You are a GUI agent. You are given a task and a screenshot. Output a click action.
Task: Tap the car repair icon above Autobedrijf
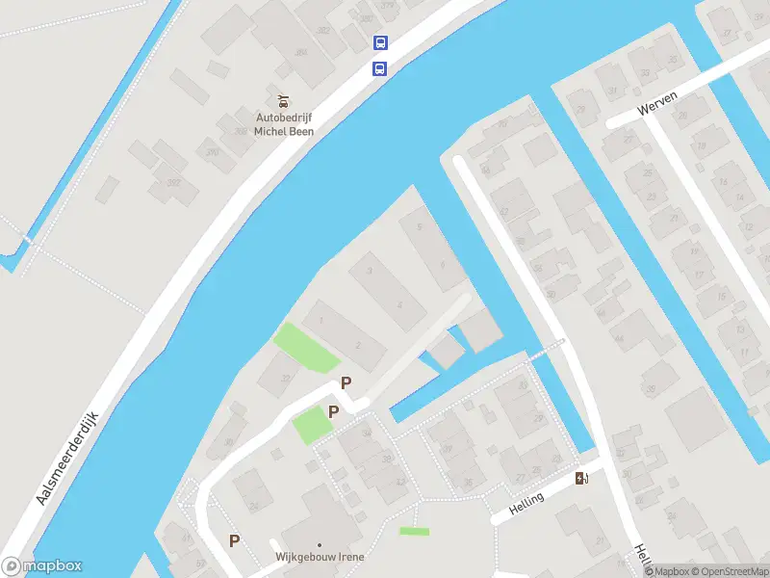point(283,101)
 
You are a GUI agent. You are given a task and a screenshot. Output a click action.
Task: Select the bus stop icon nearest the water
point(380,68)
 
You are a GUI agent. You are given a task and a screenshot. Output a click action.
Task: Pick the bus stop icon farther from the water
point(380,42)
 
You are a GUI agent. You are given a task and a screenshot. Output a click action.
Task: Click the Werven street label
point(657,99)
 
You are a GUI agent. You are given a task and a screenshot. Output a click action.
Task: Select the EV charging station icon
point(581,478)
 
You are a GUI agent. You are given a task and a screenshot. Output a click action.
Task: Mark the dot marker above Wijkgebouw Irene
point(320,545)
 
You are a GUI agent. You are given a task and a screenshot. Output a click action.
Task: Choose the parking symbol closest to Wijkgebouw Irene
point(234,540)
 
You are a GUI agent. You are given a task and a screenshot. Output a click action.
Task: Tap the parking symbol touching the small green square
point(334,412)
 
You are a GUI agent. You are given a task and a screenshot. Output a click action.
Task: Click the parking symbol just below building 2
point(346,382)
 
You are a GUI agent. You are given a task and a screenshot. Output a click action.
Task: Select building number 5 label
point(419,226)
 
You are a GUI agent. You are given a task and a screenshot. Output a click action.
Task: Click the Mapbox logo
point(42,566)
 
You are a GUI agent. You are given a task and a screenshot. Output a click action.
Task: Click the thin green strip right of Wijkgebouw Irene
point(414,531)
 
